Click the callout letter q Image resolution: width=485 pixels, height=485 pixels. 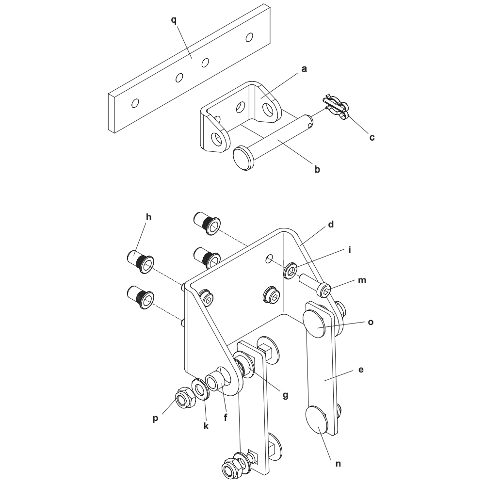174,20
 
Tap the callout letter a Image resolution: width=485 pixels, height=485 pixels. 304,69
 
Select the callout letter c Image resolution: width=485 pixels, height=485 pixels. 372,138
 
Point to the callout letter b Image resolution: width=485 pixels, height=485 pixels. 317,169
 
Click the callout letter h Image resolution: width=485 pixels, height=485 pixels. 149,217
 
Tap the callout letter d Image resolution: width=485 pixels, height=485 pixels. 331,225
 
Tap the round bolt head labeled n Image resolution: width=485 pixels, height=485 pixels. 317,420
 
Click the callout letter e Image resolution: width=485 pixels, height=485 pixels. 361,370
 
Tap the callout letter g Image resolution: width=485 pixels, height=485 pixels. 285,396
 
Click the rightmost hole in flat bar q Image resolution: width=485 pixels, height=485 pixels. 249,38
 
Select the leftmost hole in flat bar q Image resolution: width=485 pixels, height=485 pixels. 135,103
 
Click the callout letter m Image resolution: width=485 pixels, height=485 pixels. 362,280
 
